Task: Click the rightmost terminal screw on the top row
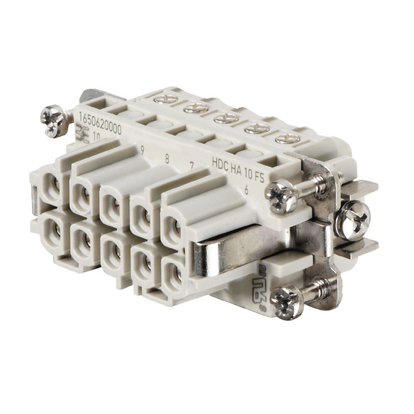(x=286, y=139)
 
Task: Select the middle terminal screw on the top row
(x=226, y=118)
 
